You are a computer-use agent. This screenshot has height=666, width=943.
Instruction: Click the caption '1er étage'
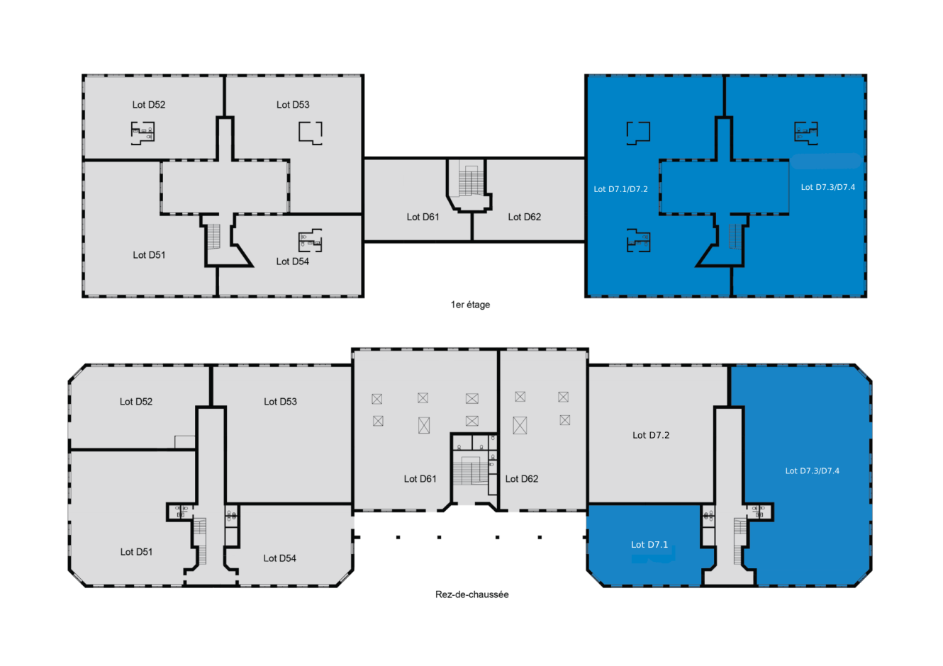coord(470,305)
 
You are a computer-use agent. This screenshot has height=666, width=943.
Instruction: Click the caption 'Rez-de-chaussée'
coord(472,594)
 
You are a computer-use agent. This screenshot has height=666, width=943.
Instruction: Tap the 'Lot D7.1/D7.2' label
coord(620,189)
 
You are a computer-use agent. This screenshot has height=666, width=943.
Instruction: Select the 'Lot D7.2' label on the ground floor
coord(651,435)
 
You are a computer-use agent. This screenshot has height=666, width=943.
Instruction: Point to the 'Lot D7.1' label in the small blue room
coord(649,544)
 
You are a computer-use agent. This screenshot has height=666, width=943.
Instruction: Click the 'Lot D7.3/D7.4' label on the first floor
coord(827,187)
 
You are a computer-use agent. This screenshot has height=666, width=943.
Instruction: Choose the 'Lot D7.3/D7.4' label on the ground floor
coord(812,470)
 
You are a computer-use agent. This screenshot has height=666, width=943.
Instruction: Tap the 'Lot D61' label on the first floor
coord(423,217)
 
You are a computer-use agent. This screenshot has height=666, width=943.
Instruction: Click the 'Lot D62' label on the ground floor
coord(522,479)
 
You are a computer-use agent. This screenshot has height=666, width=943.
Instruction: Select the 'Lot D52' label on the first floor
coord(149,104)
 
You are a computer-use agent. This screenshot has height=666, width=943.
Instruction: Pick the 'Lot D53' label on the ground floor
coord(280,401)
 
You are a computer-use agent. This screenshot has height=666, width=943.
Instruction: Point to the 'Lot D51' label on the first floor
coord(149,255)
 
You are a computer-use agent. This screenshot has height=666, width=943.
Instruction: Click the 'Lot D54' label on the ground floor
coord(279,558)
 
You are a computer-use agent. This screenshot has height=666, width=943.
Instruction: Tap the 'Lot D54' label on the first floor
coord(293,261)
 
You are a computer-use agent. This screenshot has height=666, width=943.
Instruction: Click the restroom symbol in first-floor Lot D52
coord(143,133)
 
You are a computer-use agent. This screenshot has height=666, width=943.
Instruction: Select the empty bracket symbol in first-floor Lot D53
coord(311,133)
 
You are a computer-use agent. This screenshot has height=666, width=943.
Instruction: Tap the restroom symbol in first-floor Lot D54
coord(311,241)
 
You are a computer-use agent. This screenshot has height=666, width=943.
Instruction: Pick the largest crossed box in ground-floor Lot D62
coord(520,425)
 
